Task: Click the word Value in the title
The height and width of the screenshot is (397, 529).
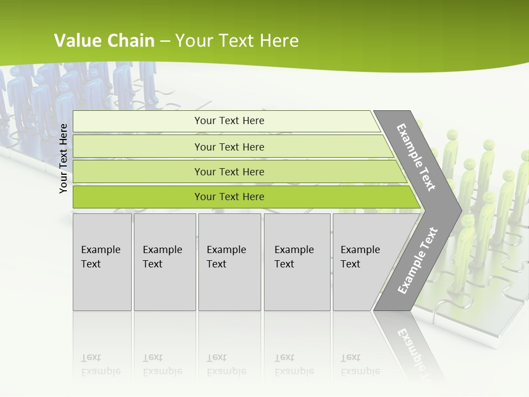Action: click(77, 41)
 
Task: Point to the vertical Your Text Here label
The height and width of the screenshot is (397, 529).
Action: click(63, 158)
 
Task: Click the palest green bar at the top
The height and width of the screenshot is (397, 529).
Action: click(226, 121)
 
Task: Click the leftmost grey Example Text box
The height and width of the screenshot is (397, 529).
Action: click(102, 262)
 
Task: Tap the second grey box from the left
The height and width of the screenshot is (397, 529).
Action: click(165, 262)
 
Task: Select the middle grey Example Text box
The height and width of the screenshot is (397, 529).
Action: click(229, 262)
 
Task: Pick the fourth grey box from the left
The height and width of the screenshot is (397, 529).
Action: click(297, 262)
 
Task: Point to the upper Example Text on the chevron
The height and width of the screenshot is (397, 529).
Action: click(416, 157)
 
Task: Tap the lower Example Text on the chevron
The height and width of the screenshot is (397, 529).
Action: click(417, 261)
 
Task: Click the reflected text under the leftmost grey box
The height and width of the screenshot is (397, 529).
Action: click(100, 364)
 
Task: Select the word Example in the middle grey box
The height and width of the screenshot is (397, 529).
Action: click(226, 250)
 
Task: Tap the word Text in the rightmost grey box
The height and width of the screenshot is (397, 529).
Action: click(350, 264)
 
